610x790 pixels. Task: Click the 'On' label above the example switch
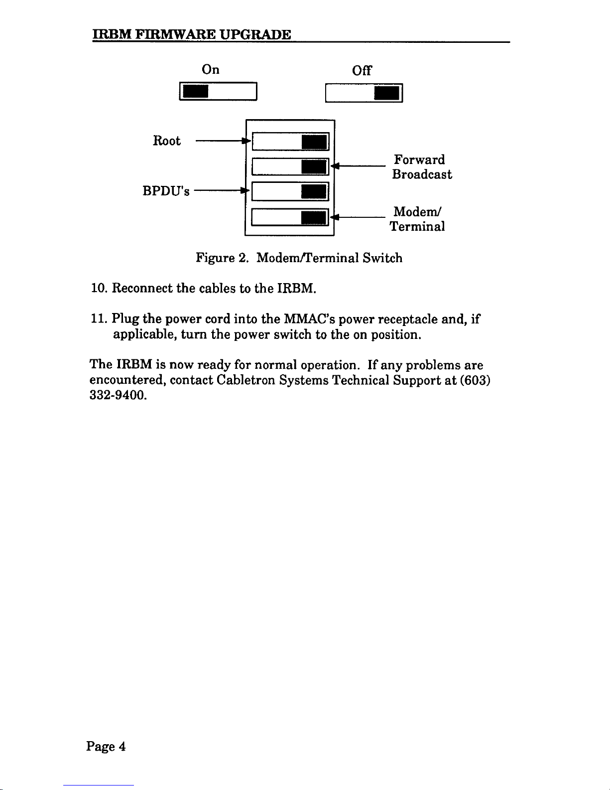(211, 69)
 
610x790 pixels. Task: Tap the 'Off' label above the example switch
(362, 71)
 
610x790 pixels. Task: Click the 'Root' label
(166, 141)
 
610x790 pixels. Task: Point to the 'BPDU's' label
(166, 191)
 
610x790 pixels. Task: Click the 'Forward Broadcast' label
(422, 167)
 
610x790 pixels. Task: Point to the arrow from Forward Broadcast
(360, 166)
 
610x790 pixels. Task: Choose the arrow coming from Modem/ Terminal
(360, 217)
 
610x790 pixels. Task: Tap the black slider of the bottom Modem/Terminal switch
(314, 218)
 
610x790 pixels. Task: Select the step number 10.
(97, 289)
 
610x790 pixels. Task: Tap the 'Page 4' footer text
(106, 746)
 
